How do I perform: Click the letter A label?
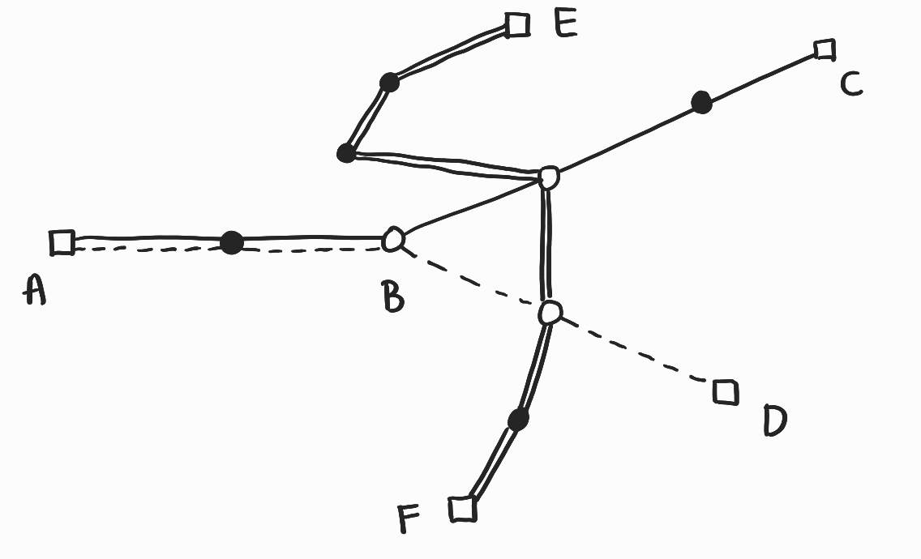[x=34, y=289]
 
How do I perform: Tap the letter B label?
[x=393, y=297]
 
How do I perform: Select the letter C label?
[x=850, y=83]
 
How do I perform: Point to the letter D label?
[x=774, y=420]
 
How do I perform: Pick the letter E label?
[x=565, y=23]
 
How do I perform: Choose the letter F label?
[x=411, y=518]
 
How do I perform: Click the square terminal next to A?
[x=62, y=242]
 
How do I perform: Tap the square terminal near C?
[x=825, y=49]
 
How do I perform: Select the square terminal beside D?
[x=725, y=392]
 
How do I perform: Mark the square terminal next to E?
[x=516, y=25]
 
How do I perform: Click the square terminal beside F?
[x=462, y=509]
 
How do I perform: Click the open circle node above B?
[x=394, y=239]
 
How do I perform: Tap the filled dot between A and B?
[x=232, y=242]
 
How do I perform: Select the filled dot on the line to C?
[x=701, y=102]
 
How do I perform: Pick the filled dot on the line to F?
[x=518, y=419]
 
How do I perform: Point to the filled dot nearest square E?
[x=389, y=82]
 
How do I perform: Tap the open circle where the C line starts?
[x=549, y=177]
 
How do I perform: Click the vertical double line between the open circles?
[x=548, y=243]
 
